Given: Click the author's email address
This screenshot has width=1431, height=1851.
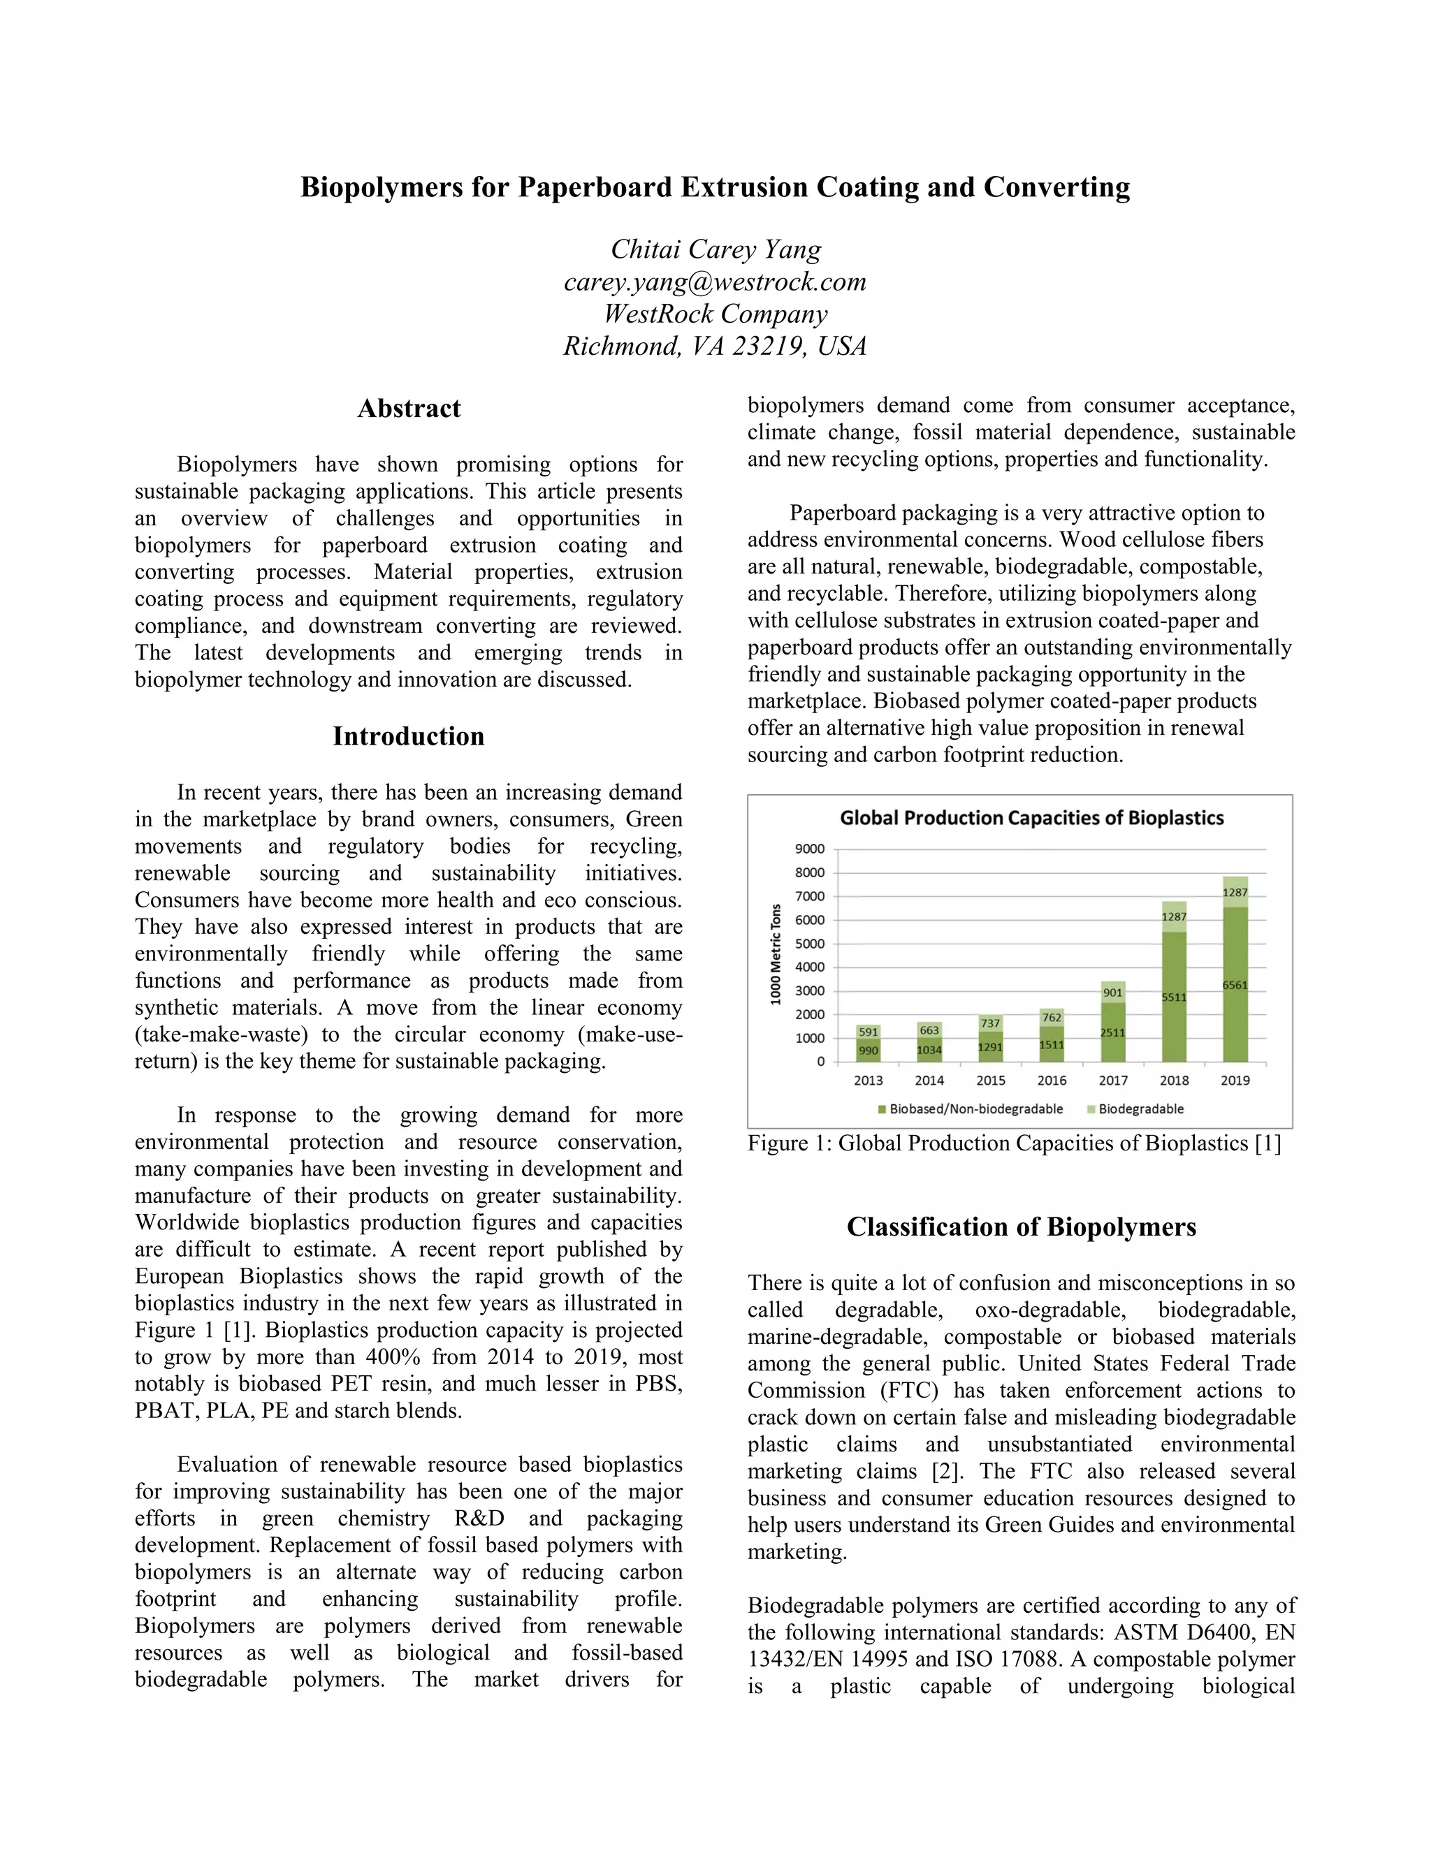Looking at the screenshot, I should pyautogui.click(x=715, y=281).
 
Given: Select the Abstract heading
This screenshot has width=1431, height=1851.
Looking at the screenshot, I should pyautogui.click(x=409, y=409).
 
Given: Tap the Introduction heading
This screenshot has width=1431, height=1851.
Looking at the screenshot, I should pyautogui.click(x=409, y=736).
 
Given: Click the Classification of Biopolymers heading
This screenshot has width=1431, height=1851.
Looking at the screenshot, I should pyautogui.click(x=1021, y=1227).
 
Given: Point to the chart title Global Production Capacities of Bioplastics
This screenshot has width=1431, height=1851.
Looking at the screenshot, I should pyautogui.click(x=1032, y=818).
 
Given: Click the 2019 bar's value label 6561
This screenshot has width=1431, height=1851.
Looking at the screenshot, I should pyautogui.click(x=1235, y=985).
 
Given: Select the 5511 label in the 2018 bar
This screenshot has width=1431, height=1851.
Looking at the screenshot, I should pyautogui.click(x=1173, y=997).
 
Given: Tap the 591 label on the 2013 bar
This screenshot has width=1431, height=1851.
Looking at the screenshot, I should pyautogui.click(x=868, y=1032).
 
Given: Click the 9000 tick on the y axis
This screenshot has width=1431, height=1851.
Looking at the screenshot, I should pyautogui.click(x=810, y=849).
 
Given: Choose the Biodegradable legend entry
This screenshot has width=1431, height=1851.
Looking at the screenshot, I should pyautogui.click(x=1140, y=1109).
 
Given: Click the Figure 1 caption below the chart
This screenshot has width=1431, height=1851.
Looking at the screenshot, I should pyautogui.click(x=1013, y=1143).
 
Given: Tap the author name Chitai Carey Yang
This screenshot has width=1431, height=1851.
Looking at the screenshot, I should pyautogui.click(x=715, y=249).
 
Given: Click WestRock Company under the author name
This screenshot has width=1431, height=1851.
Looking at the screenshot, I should pyautogui.click(x=715, y=314).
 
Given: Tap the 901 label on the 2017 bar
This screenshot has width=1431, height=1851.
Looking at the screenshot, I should pyautogui.click(x=1112, y=993).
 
